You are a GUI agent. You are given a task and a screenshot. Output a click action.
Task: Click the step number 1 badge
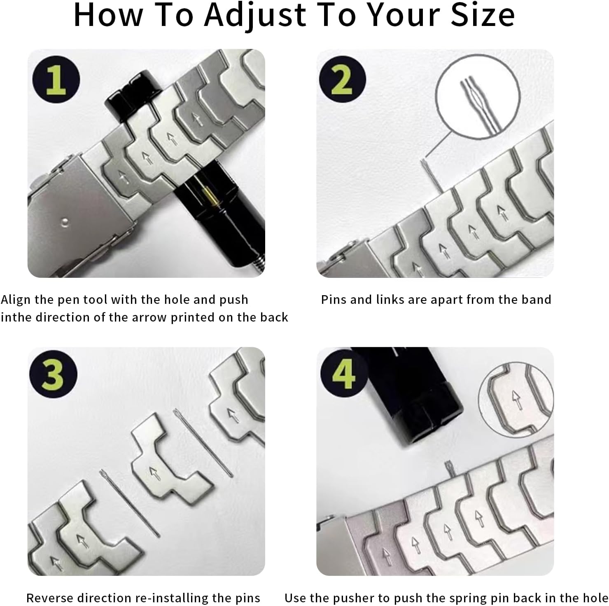[x=56, y=80]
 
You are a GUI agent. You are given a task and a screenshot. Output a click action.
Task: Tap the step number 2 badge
[x=343, y=80]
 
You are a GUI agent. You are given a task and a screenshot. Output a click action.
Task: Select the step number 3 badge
[x=53, y=374]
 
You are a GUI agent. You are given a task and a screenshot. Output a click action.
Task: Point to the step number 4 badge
[x=343, y=374]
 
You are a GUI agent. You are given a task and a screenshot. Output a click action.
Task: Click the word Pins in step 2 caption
[x=334, y=300]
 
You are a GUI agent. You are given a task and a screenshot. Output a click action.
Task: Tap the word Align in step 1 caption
[x=16, y=300]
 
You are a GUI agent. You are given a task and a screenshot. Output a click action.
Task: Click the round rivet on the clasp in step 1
[x=64, y=222]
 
